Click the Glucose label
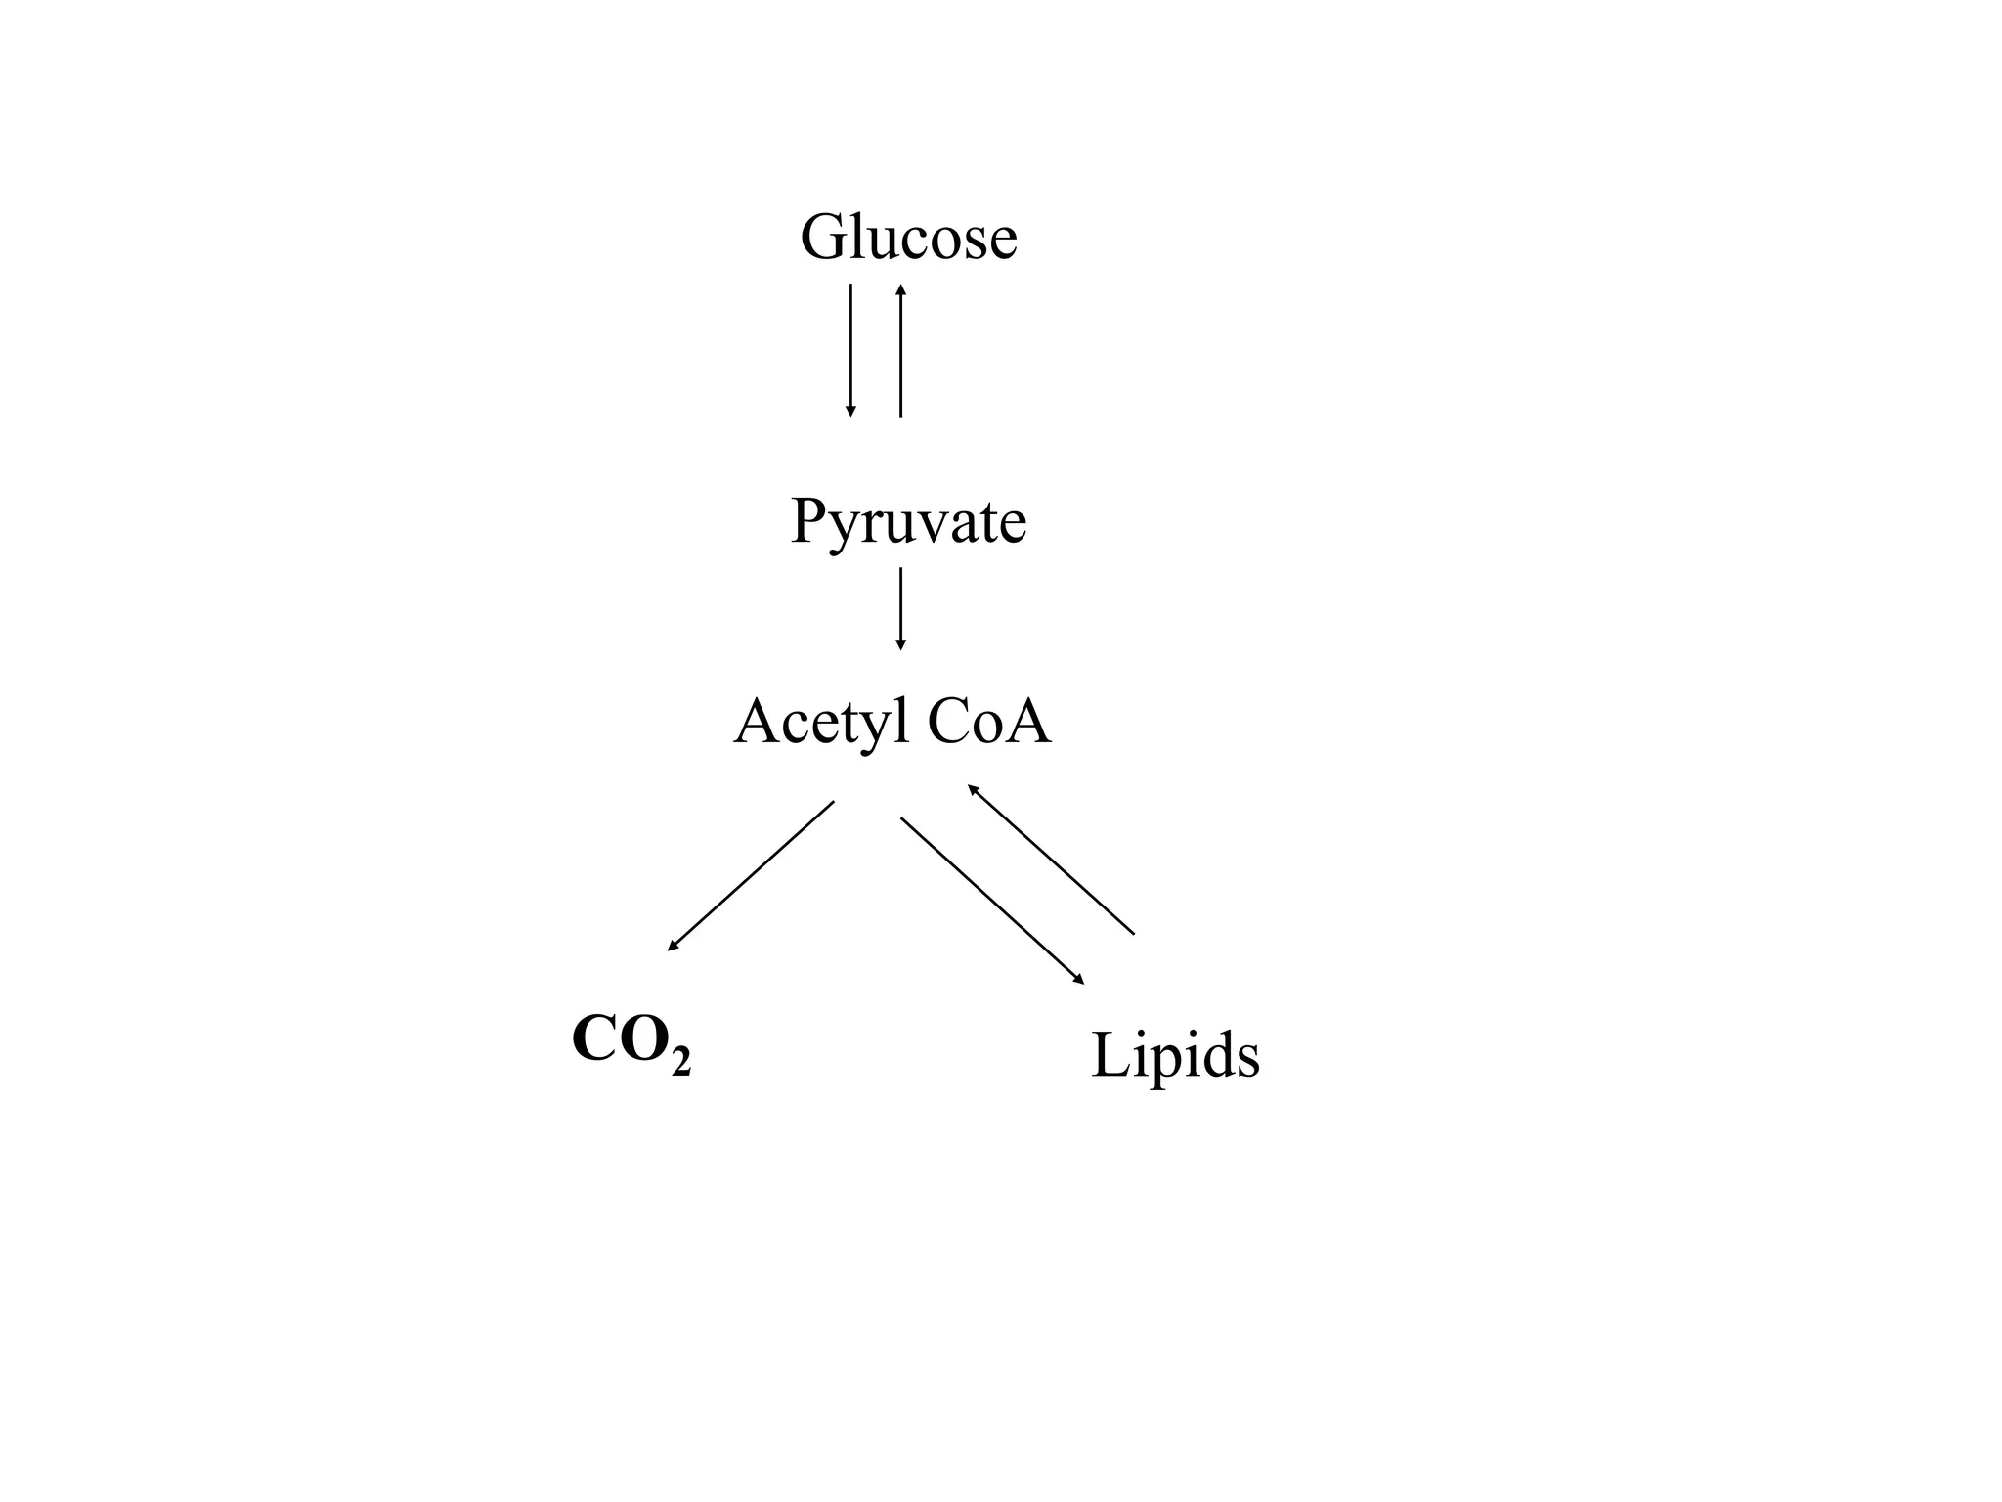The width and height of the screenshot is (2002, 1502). pos(908,238)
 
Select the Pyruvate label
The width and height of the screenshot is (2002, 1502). pos(908,521)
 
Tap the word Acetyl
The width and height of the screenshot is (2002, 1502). pos(820,723)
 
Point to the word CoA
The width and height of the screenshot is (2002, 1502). pos(988,723)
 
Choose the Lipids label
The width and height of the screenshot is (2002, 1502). pos(1175,1056)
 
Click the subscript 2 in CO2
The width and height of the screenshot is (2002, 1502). pos(681,1059)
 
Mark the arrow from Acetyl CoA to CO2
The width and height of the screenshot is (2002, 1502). pos(751,875)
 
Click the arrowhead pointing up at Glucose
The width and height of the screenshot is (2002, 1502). pos(900,289)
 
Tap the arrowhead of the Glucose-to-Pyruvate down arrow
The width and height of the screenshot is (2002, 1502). pos(850,412)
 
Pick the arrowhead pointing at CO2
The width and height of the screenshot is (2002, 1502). pos(673,946)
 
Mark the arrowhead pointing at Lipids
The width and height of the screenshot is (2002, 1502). pos(1079,979)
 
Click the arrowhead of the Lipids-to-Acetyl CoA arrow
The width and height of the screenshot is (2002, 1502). pos(973,788)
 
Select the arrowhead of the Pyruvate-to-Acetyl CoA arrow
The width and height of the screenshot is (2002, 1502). pos(900,644)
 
